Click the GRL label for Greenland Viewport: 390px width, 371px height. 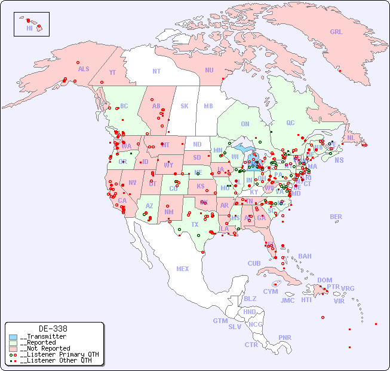pos(336,32)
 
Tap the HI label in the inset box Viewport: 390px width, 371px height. pos(29,28)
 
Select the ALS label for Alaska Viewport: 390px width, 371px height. pos(84,69)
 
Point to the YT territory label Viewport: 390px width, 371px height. pos(112,72)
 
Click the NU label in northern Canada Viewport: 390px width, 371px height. pos(209,70)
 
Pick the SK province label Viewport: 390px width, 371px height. pos(185,106)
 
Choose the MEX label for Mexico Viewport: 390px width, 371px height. pos(183,269)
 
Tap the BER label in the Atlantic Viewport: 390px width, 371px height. pos(336,217)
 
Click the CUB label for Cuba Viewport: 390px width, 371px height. pos(254,263)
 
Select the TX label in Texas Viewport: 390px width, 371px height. pos(195,224)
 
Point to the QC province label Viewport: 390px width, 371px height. pos(290,123)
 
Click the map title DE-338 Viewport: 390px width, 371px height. pos(53,329)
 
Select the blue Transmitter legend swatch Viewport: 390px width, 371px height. pos(13,337)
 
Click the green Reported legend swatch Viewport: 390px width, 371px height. pos(13,343)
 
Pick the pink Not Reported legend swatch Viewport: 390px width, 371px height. pos(13,348)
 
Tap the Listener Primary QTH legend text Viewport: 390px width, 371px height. pos(59,354)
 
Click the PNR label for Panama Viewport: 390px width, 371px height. pos(285,337)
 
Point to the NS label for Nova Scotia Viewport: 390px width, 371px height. pos(339,160)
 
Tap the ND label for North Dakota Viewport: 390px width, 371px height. pos(197,144)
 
